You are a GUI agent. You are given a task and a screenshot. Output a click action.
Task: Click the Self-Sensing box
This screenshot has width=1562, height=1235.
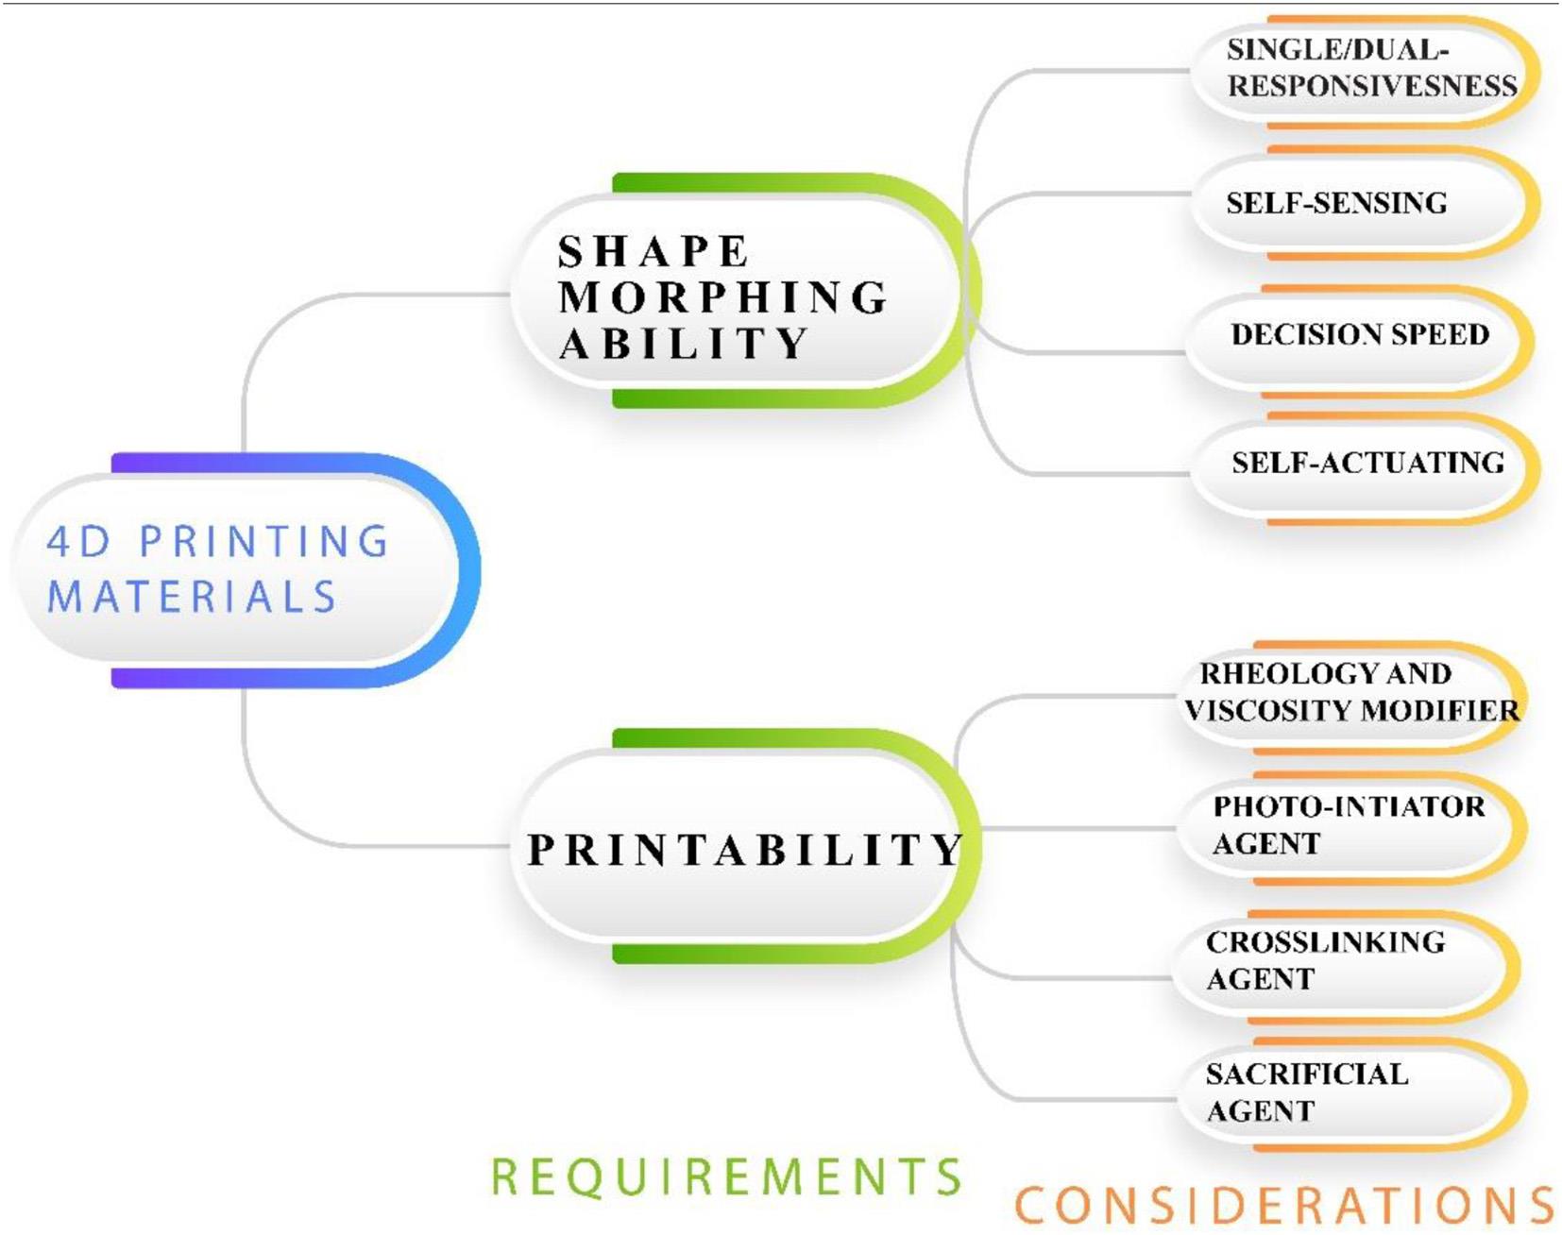coord(1360,202)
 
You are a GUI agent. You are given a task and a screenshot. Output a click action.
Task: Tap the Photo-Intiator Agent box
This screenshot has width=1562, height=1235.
coord(1346,826)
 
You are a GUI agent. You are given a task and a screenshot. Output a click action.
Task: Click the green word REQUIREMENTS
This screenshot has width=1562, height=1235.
coord(725,1177)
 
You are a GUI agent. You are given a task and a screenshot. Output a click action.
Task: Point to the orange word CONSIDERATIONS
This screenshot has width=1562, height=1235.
coord(1284,1206)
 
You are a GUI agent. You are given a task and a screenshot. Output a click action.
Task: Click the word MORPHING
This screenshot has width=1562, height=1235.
coord(722,297)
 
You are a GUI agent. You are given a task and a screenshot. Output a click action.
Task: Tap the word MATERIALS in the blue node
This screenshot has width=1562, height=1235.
coord(192,597)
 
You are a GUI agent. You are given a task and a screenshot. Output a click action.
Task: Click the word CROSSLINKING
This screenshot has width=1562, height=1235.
coord(1325,942)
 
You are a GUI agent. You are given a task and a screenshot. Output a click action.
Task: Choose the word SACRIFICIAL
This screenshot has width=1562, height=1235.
coord(1306,1074)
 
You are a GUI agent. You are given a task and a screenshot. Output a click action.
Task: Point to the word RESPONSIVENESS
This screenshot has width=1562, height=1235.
coord(1371,87)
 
